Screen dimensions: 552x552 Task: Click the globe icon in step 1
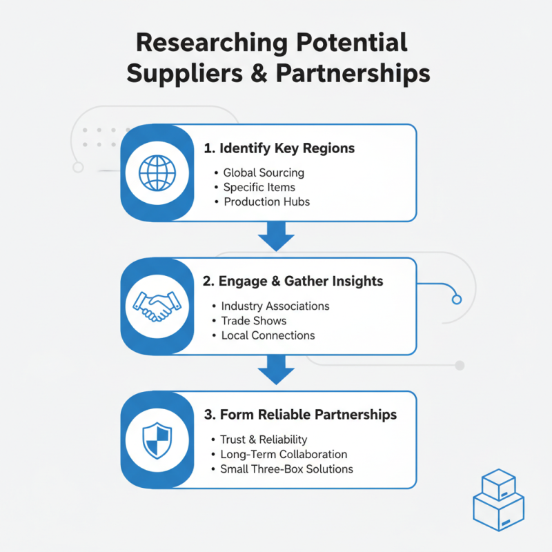pyautogui.click(x=157, y=173)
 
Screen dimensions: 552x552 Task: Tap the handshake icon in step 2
pyautogui.click(x=157, y=306)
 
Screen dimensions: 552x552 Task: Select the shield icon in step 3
pyautogui.click(x=157, y=440)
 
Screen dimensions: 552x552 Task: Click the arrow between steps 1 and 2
pyautogui.click(x=276, y=236)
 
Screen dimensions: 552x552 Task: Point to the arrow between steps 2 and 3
pyautogui.click(x=276, y=370)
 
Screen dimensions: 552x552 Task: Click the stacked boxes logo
pyautogui.click(x=498, y=500)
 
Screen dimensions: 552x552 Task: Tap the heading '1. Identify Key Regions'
pyautogui.click(x=279, y=148)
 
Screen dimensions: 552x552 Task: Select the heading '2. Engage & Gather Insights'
pyautogui.click(x=293, y=282)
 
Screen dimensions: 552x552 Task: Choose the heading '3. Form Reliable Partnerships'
pyautogui.click(x=300, y=415)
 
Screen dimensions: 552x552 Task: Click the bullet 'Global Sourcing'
pyautogui.click(x=264, y=173)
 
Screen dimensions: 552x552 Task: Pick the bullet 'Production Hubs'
pyautogui.click(x=267, y=201)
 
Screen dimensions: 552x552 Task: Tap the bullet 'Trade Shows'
pyautogui.click(x=254, y=321)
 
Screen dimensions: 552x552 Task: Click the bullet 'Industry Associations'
pyautogui.click(x=275, y=306)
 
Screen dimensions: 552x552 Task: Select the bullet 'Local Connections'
pyautogui.click(x=268, y=335)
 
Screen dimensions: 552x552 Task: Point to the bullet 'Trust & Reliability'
pyautogui.click(x=264, y=440)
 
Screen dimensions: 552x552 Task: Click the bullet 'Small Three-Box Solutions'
pyautogui.click(x=286, y=469)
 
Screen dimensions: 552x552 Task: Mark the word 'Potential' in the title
pyautogui.click(x=352, y=43)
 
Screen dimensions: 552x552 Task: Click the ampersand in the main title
pyautogui.click(x=259, y=73)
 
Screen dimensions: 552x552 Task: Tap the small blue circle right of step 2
pyautogui.click(x=457, y=299)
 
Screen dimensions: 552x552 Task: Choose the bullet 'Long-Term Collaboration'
pyautogui.click(x=284, y=455)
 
